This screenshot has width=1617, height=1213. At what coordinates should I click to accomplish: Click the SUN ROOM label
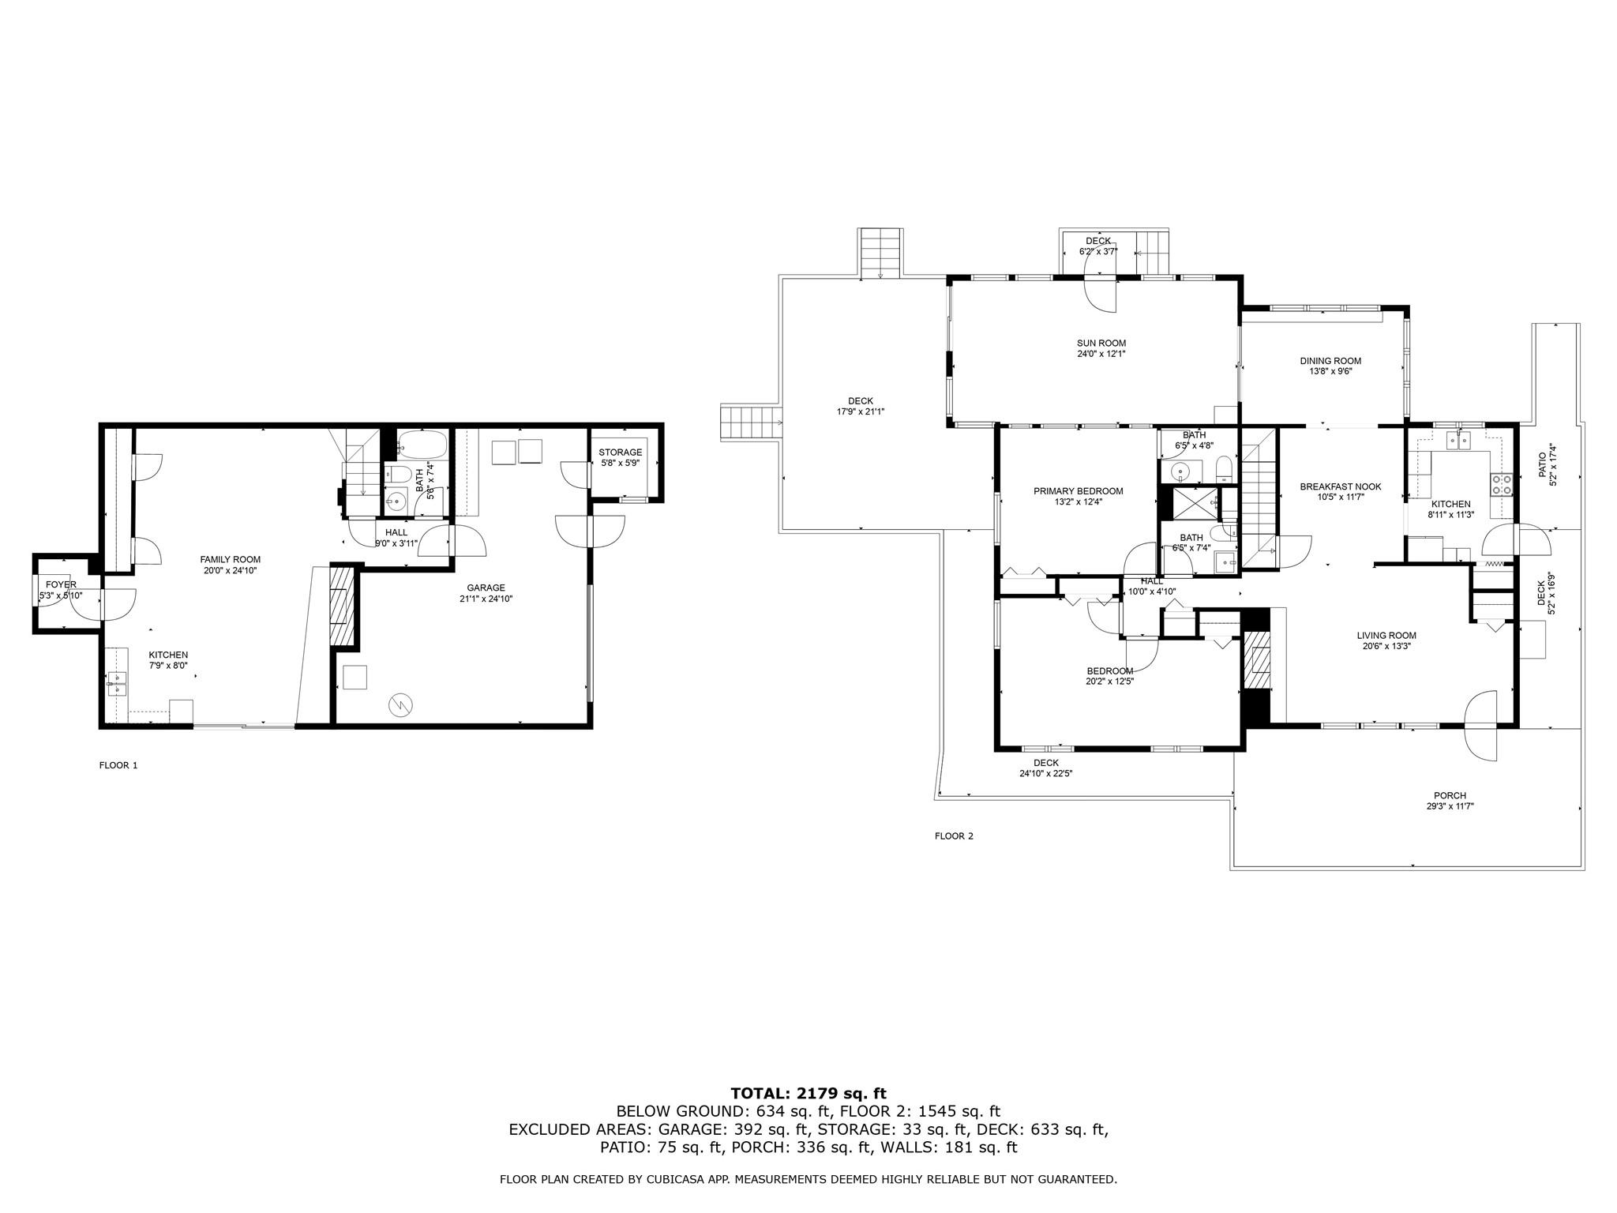1101,343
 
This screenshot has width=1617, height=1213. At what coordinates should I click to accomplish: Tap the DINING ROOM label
1330,361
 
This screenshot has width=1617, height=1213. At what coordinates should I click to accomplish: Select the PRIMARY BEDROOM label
1078,491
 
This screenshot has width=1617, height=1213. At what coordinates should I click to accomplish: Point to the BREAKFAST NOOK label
1341,486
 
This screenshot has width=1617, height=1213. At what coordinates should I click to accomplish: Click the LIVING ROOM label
1386,635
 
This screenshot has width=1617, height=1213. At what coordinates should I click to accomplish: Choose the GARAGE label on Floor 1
486,588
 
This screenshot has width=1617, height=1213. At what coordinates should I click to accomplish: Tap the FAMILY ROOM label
230,559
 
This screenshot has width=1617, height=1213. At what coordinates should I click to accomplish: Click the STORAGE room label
620,453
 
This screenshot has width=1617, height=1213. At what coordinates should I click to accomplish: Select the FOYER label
61,584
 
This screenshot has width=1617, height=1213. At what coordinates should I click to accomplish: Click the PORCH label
1450,795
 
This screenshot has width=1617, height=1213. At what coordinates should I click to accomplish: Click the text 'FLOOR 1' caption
118,765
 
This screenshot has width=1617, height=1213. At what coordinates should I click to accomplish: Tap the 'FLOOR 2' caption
954,836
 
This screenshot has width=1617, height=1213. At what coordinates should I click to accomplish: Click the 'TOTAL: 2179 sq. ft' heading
808,1093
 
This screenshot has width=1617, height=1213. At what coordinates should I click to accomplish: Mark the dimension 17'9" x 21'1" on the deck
861,411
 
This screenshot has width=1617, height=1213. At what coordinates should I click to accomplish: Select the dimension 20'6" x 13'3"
1386,646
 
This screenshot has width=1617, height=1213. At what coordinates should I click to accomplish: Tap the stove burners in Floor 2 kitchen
1501,484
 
